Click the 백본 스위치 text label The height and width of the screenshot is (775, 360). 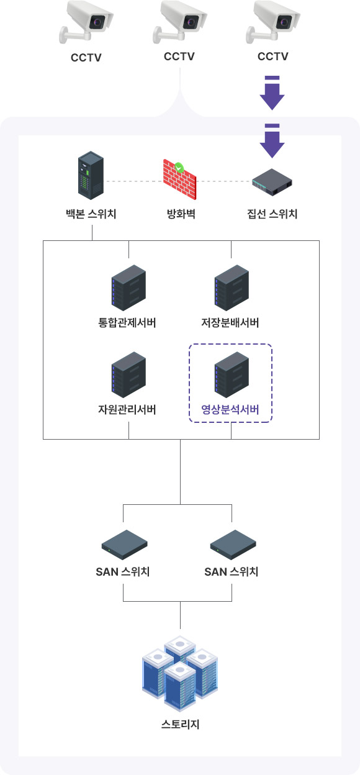click(x=91, y=214)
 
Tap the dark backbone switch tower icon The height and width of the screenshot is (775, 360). click(x=91, y=175)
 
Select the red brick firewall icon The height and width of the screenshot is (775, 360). click(x=179, y=180)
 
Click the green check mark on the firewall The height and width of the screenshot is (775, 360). click(x=179, y=168)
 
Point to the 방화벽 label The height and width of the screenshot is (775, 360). click(x=181, y=214)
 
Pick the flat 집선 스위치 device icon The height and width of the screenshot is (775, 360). click(x=272, y=182)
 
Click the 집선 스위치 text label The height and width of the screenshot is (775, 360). click(x=272, y=214)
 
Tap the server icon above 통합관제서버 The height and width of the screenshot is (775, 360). click(x=128, y=288)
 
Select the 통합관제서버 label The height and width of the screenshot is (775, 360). click(x=127, y=322)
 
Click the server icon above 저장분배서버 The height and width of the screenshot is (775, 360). click(x=232, y=288)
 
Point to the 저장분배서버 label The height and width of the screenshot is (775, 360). click(x=230, y=322)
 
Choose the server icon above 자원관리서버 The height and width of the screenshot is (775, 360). click(x=128, y=374)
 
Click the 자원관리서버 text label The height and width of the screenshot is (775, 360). click(x=127, y=409)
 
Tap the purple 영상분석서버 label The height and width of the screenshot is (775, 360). click(x=230, y=409)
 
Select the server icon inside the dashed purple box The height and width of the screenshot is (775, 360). click(x=232, y=374)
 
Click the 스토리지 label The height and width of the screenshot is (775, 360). click(x=180, y=724)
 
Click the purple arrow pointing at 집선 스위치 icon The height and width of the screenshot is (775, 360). click(x=272, y=141)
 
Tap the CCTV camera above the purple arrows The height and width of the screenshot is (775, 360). click(x=273, y=22)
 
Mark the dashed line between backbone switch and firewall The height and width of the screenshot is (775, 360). click(x=133, y=181)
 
